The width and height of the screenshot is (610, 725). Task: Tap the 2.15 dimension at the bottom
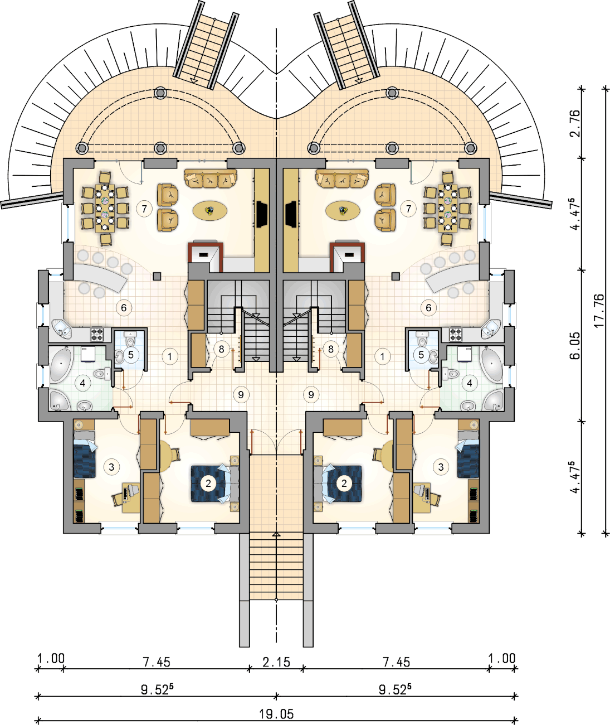pos(276,662)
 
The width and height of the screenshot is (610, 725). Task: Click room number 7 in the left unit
pos(144,209)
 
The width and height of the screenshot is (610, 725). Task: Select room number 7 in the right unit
pos(408,209)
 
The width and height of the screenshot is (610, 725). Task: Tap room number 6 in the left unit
pos(124,308)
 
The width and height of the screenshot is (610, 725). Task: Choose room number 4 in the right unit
pos(470,383)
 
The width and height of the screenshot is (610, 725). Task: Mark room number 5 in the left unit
pos(131,355)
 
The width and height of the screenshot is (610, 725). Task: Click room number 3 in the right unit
pos(441,467)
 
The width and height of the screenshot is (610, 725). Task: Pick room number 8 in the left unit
pos(221,349)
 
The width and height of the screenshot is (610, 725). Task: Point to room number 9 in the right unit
pos(311,394)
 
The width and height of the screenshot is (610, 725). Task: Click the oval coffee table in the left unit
pos(210,210)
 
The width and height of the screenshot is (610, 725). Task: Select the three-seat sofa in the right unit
pos(342,178)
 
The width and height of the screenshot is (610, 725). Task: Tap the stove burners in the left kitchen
pos(97,334)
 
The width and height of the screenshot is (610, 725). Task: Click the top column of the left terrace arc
pos(160,93)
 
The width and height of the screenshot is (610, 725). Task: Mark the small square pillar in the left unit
pos(157,277)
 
